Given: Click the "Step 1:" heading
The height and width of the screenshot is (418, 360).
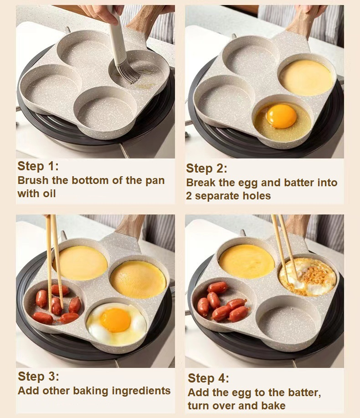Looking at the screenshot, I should tap(38, 166).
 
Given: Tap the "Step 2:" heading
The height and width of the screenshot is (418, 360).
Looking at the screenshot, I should tap(206, 168).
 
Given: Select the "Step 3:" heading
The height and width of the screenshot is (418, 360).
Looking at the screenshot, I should tap(38, 377).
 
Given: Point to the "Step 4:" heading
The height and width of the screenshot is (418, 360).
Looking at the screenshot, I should tap(208, 378).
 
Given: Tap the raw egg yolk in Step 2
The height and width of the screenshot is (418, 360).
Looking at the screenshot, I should tap(281, 116).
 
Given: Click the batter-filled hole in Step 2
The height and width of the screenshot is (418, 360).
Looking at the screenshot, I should tap(306, 77).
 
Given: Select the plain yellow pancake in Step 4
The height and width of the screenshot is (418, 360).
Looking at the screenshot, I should tap(246, 261).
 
